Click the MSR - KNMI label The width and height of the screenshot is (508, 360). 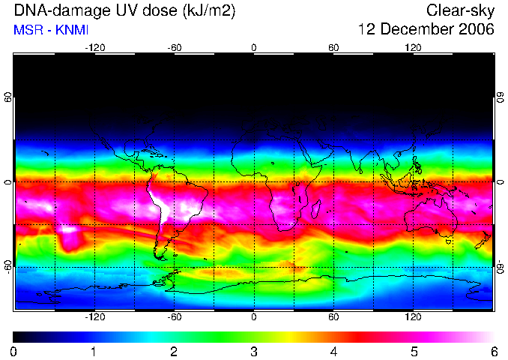[51, 30]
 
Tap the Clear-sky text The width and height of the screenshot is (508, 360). [460, 11]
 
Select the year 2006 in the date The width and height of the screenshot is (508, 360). [477, 29]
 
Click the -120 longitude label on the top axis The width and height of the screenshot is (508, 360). [95, 48]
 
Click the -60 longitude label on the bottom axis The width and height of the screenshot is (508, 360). [175, 316]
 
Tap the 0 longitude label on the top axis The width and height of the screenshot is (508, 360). [254, 48]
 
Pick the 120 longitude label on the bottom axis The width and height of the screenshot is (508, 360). [413, 316]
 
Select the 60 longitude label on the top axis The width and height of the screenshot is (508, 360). [333, 48]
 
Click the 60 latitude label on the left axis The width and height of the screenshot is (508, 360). [7, 97]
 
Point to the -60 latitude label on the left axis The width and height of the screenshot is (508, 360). [7, 266]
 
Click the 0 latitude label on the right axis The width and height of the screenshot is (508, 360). [501, 182]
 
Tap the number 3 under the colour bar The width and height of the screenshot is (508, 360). [254, 352]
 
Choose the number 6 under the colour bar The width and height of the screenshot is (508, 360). [494, 352]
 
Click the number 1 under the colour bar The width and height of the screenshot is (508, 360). [94, 352]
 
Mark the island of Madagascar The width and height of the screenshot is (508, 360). [315, 209]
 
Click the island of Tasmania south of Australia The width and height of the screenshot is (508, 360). [448, 241]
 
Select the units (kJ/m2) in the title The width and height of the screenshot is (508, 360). [208, 11]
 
